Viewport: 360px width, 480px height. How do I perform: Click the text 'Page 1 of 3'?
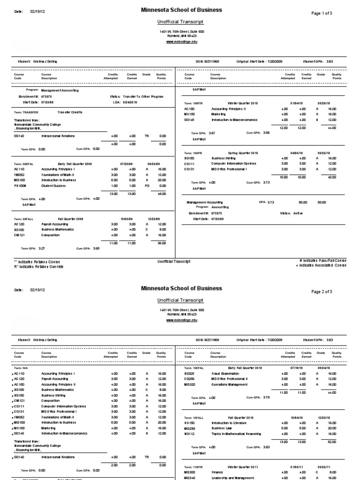pos(322,13)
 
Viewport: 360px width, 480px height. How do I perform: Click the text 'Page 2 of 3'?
pos(322,292)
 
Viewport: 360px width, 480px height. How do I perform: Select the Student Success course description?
pos(53,186)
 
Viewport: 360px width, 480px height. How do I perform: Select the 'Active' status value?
pos(298,213)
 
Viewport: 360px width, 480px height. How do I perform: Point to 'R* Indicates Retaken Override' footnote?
pos(39,266)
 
